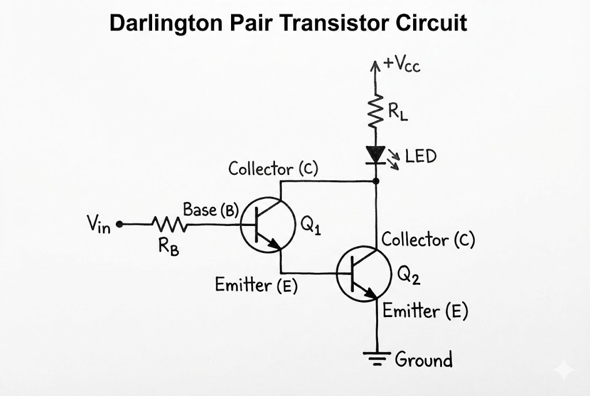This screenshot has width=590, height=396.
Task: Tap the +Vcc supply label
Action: pyautogui.click(x=402, y=64)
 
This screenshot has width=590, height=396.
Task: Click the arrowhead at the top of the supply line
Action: pyautogui.click(x=376, y=63)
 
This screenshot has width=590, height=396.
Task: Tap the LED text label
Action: pyautogui.click(x=420, y=156)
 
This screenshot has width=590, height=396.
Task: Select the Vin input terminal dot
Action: pyautogui.click(x=119, y=225)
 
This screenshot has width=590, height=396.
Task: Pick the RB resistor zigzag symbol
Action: pyautogui.click(x=169, y=225)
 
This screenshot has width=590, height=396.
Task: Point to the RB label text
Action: pyautogui.click(x=168, y=247)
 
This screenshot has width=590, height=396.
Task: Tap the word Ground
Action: pyautogui.click(x=423, y=360)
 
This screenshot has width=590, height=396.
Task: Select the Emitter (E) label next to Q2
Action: pyautogui.click(x=425, y=311)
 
